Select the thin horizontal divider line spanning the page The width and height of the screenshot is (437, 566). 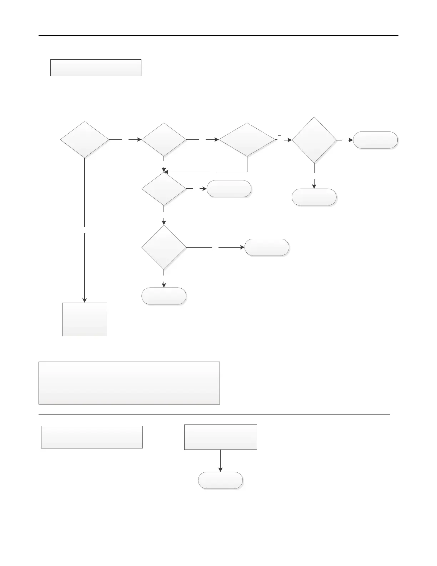point(214,414)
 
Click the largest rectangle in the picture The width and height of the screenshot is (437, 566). point(129,383)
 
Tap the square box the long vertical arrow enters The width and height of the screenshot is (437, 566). point(85,319)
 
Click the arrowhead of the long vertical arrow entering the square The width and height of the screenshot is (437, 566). point(85,300)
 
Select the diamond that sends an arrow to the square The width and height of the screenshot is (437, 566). point(85,140)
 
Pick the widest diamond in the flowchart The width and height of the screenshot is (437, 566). point(247,140)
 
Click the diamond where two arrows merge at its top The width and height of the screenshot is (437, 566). point(164,189)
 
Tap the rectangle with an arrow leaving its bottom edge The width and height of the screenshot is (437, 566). point(220,437)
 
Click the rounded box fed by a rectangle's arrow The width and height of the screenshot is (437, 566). point(220,480)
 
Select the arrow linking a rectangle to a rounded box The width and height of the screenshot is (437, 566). point(220,461)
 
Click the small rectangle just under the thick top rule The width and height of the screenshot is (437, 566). point(96,68)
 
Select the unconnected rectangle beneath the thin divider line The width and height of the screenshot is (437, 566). point(92,437)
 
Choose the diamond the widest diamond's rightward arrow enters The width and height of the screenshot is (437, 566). point(314,140)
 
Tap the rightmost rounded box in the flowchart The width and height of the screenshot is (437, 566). point(375,140)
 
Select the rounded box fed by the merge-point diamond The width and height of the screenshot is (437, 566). point(229,189)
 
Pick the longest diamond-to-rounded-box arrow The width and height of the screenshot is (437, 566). point(215,247)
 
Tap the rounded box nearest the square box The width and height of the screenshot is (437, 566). point(164,296)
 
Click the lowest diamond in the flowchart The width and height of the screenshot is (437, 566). point(164,247)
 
